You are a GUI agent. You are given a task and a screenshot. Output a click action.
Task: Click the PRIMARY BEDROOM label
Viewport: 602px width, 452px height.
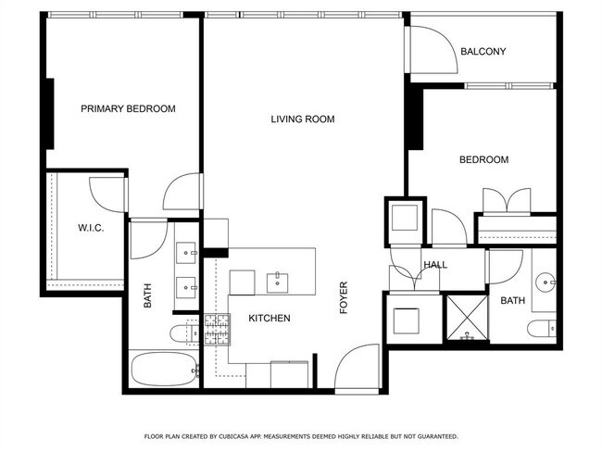pyautogui.click(x=128, y=108)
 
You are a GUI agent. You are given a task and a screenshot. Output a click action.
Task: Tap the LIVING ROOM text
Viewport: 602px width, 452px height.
pyautogui.click(x=302, y=119)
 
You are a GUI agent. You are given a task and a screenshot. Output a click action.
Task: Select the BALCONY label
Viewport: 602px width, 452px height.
pyautogui.click(x=483, y=52)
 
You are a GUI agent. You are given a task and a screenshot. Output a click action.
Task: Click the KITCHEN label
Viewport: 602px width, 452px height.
pyautogui.click(x=270, y=319)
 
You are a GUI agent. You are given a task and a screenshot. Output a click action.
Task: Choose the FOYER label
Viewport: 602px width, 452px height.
pyautogui.click(x=344, y=297)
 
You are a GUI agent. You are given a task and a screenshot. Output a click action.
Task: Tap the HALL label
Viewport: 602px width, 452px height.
pyautogui.click(x=435, y=265)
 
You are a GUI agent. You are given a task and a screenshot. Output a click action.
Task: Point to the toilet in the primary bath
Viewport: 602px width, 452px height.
pyautogui.click(x=182, y=333)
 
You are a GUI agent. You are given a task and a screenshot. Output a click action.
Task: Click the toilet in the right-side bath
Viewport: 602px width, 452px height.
pyautogui.click(x=541, y=328)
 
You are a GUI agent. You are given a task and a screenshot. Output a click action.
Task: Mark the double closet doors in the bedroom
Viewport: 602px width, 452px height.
pyautogui.click(x=505, y=201)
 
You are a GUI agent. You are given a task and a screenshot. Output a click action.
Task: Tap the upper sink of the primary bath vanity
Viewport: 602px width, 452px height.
pyautogui.click(x=188, y=251)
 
